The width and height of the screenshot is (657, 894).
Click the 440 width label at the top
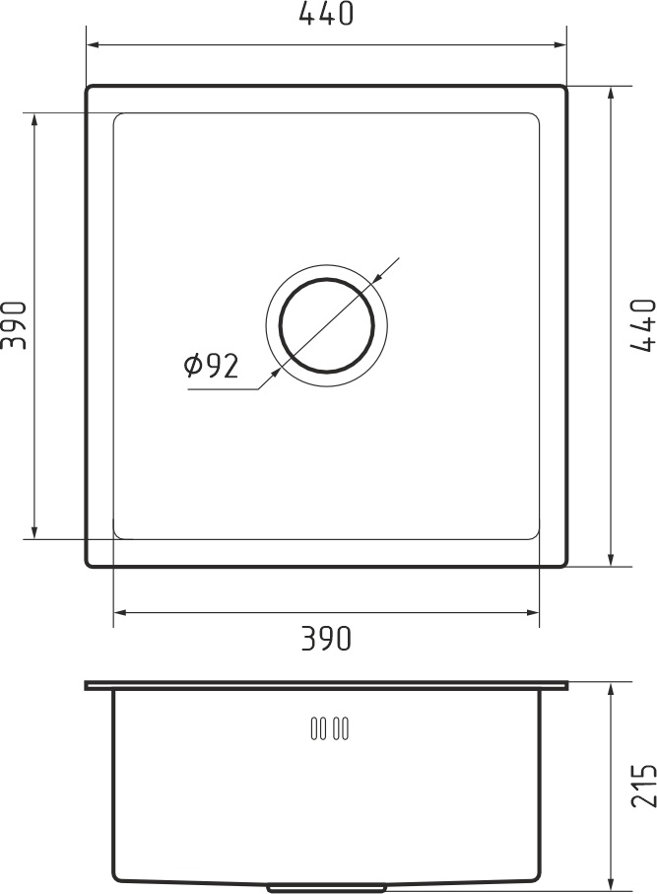pyautogui.click(x=325, y=15)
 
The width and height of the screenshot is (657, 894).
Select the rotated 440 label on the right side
pyautogui.click(x=641, y=325)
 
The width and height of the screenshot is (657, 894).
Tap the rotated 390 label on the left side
pyautogui.click(x=14, y=325)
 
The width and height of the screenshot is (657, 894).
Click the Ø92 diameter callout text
pyautogui.click(x=211, y=367)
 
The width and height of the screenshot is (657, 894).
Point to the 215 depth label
pyautogui.click(x=641, y=786)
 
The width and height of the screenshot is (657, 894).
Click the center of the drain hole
pyautogui.click(x=326, y=325)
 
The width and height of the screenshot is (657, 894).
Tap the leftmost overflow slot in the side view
pyautogui.click(x=314, y=729)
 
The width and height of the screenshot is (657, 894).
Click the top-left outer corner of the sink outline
pyautogui.click(x=89, y=88)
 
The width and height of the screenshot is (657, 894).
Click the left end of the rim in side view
pyautogui.click(x=87, y=684)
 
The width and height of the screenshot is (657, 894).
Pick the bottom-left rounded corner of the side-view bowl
pyautogui.click(x=118, y=876)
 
